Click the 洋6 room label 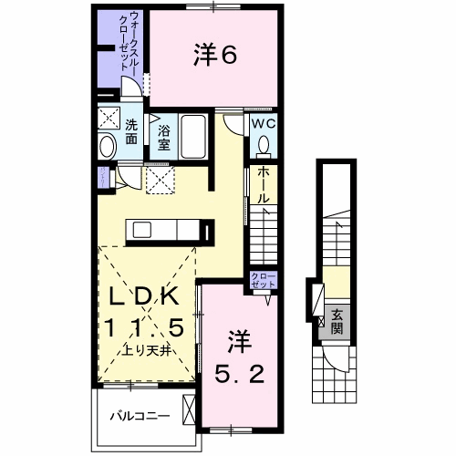point(215,55)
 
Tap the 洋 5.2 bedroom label point(239,358)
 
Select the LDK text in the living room point(144,296)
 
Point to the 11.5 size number point(144,327)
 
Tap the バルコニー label point(140,416)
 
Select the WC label point(264,124)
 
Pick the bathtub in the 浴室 point(193,137)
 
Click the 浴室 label point(163,137)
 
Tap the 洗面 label point(131,131)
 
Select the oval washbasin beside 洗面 point(108,146)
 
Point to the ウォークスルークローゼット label point(130,41)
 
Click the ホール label point(264,185)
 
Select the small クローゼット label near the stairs point(264,280)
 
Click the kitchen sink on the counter point(142,230)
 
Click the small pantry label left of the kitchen point(103,177)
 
